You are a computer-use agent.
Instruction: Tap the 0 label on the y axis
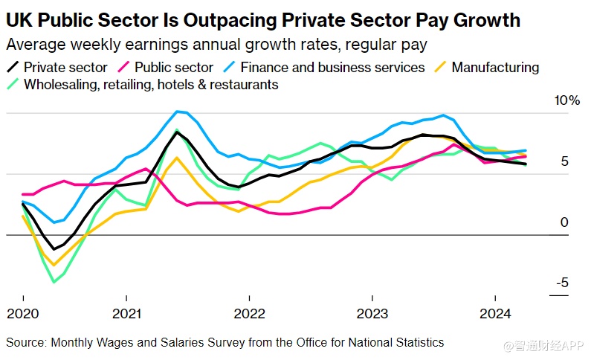point(564,222)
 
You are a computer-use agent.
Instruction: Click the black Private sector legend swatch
point(13,68)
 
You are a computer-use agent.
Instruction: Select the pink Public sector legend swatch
point(123,68)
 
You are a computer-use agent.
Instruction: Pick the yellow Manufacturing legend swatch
point(440,68)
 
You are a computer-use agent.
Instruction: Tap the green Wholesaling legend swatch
point(13,85)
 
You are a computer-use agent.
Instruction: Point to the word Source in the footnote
point(25,342)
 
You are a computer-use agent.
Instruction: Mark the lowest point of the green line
point(54,282)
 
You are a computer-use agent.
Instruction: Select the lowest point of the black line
point(54,250)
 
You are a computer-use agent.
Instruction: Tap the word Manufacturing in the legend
point(495,68)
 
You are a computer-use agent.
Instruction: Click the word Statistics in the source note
point(419,342)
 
